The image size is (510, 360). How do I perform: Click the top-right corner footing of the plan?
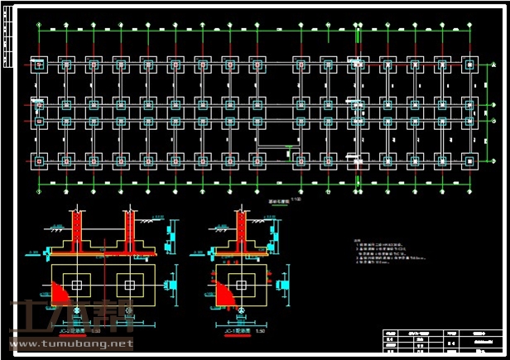coord(469,65)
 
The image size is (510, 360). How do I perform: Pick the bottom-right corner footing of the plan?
coord(469,159)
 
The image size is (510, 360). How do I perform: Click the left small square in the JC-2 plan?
coord(77,285)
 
